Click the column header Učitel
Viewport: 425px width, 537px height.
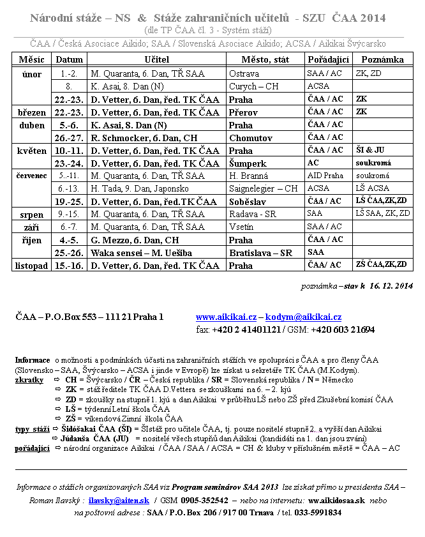(156, 59)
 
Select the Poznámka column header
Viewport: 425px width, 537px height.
(382, 59)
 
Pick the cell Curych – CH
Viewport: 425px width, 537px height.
(253, 86)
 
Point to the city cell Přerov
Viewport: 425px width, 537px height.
(244, 112)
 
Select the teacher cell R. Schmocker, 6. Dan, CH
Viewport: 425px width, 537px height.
(144, 137)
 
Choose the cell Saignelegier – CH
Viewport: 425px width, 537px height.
(264, 188)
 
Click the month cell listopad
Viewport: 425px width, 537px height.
(31, 265)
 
